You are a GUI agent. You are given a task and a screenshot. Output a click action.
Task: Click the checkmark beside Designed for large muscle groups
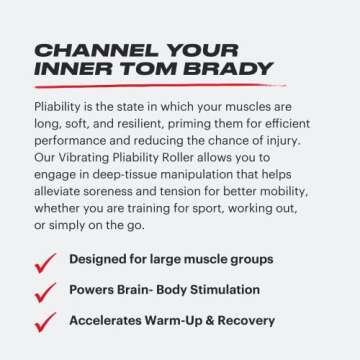coord(45,262)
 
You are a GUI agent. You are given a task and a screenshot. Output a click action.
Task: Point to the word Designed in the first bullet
coord(97,259)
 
